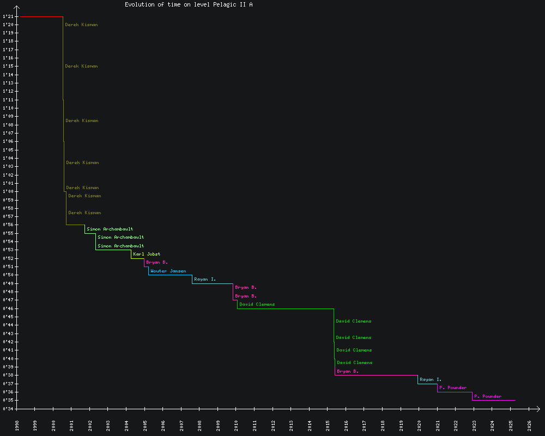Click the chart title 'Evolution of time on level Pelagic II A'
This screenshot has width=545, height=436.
click(189, 4)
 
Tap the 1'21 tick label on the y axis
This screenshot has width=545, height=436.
click(8, 16)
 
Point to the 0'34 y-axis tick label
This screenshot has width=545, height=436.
click(8, 409)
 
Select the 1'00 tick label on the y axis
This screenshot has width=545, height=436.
click(8, 191)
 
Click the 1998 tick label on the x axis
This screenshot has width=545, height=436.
click(17, 425)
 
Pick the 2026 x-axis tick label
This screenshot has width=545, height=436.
click(529, 425)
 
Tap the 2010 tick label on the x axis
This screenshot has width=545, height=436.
click(237, 425)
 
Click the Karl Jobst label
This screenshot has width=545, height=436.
click(147, 254)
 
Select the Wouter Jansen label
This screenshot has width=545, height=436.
click(168, 271)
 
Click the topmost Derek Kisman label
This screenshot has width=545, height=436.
click(81, 25)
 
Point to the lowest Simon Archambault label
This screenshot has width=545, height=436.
click(120, 246)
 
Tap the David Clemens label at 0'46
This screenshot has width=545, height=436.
click(257, 304)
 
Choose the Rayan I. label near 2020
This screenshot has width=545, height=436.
click(431, 379)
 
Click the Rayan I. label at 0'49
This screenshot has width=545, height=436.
click(205, 279)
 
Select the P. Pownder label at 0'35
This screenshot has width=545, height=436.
click(488, 396)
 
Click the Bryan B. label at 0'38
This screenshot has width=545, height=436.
click(348, 371)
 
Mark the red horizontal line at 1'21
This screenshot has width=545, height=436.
click(41, 17)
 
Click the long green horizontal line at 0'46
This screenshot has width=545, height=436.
click(286, 308)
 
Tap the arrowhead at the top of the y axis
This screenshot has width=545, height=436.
click(17, 8)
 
